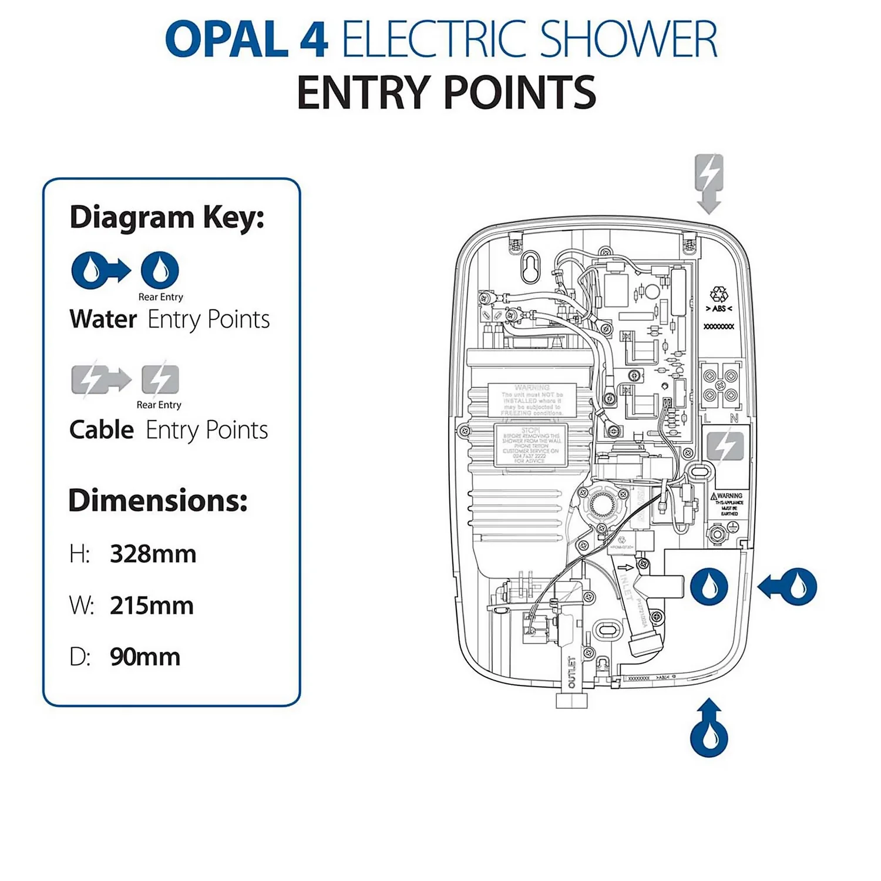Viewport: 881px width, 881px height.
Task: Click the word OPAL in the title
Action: (227, 40)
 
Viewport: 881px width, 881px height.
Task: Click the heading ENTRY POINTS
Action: (446, 93)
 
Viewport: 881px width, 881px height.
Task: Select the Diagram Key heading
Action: (167, 217)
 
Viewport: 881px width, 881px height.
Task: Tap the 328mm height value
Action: (153, 554)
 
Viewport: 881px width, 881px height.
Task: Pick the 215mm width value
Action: (152, 606)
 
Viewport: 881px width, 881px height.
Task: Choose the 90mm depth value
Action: (145, 657)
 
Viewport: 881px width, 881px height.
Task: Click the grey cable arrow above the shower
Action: (709, 183)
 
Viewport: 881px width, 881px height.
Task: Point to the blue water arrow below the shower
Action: (709, 728)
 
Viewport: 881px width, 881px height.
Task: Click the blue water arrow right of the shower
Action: (788, 586)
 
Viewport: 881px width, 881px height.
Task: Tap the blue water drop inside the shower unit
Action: (709, 586)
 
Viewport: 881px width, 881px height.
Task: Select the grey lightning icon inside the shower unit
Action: (725, 446)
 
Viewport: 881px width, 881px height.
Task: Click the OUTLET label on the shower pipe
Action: (571, 672)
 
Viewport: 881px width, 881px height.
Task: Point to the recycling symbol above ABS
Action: (718, 294)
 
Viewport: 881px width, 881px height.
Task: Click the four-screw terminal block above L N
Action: (720, 386)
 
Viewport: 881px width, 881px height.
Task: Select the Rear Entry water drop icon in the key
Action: (160, 270)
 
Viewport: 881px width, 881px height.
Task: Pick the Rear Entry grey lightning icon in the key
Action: (160, 379)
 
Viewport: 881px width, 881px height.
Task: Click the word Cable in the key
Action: (102, 430)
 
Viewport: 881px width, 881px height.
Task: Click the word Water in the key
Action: (103, 320)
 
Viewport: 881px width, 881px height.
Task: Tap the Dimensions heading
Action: (158, 500)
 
